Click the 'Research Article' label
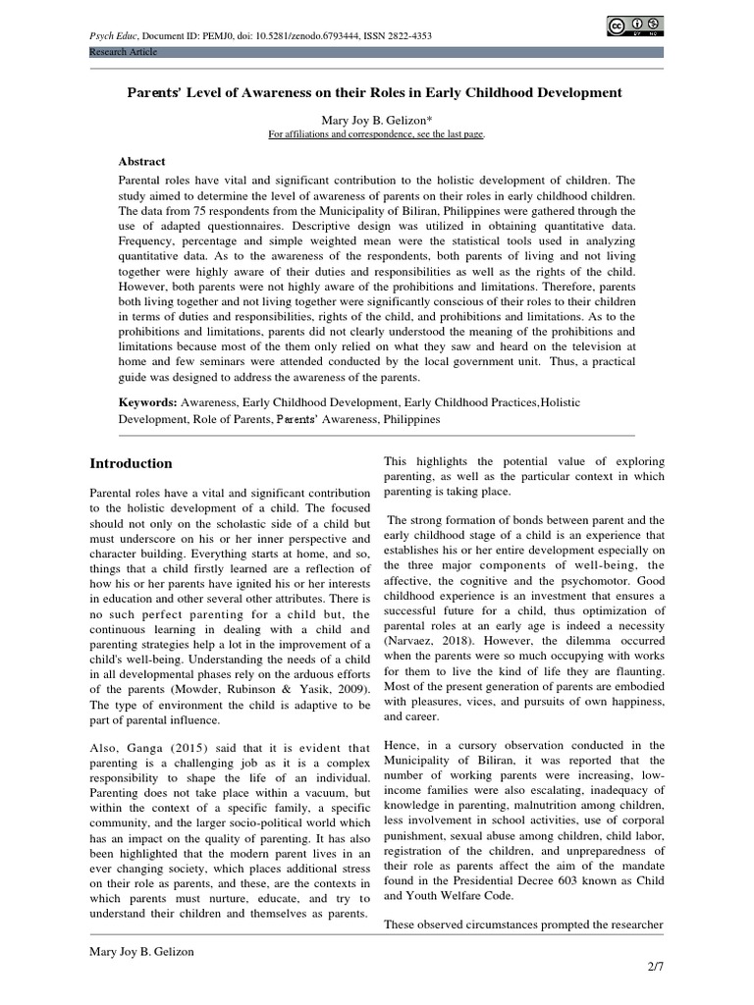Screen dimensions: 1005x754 (x=123, y=52)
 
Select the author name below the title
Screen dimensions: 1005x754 (x=377, y=120)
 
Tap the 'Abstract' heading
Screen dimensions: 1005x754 (x=142, y=161)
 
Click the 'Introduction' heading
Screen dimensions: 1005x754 (x=131, y=463)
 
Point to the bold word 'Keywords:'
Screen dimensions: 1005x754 (x=148, y=402)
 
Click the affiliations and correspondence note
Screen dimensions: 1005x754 (x=377, y=134)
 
